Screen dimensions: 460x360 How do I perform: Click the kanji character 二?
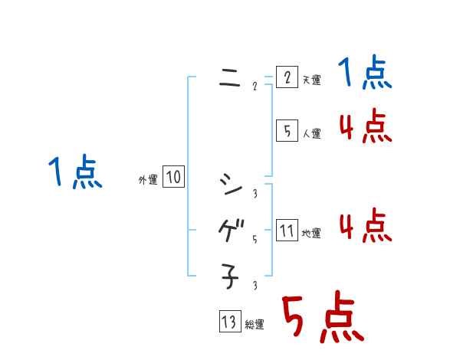(229, 78)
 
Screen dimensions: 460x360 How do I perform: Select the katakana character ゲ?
(229, 230)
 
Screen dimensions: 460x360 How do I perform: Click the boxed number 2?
(286, 78)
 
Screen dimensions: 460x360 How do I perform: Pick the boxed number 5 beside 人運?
(286, 131)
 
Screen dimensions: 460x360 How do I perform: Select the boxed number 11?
(286, 231)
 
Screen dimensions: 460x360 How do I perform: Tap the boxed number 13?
(228, 322)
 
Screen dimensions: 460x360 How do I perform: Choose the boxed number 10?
(173, 178)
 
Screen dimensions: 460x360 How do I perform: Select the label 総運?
(254, 325)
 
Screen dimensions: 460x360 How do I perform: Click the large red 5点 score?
(322, 318)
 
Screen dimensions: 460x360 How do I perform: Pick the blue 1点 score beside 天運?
(366, 74)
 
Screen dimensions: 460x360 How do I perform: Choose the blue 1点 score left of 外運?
(75, 172)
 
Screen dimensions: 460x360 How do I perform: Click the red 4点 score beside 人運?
(366, 126)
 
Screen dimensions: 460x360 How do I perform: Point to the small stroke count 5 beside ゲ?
(254, 239)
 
